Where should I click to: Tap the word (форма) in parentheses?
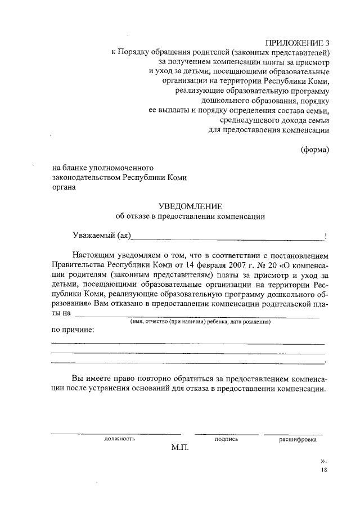[314, 150]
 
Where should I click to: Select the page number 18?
[322, 470]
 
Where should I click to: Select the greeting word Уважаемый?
[92, 234]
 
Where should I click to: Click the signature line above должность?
[116, 434]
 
